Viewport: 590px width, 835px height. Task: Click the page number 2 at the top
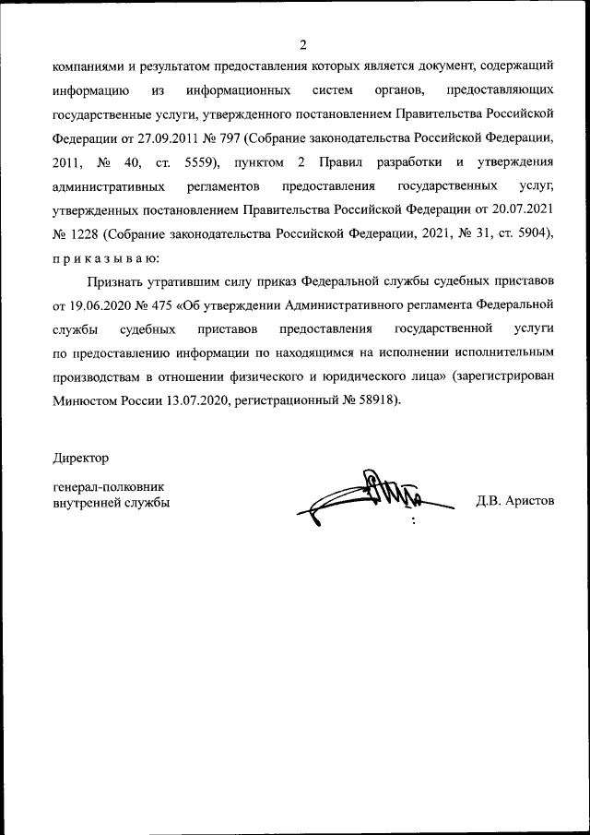(x=301, y=44)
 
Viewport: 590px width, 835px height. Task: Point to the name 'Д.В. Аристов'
(x=515, y=502)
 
